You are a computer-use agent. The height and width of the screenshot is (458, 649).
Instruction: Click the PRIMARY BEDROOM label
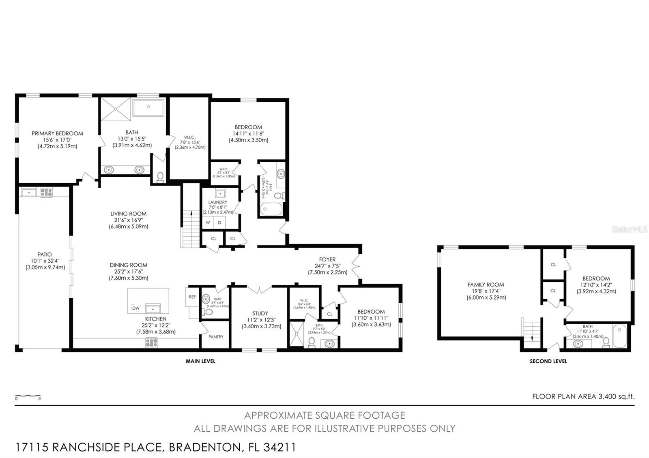pos(57,133)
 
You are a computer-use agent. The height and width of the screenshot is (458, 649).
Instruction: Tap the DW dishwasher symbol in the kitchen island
pos(136,309)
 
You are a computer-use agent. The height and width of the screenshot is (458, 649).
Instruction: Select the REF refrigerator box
pos(192,297)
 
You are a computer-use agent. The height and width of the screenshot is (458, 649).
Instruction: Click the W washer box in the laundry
pos(208,223)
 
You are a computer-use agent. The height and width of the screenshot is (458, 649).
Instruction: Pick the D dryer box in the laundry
pos(219,223)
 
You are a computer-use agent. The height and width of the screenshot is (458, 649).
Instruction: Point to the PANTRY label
pos(216,337)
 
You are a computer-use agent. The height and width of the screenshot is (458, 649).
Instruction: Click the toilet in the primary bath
pos(160,177)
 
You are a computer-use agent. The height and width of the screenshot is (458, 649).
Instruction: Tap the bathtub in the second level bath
pos(619,336)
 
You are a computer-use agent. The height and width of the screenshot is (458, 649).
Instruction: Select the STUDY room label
pos(260,313)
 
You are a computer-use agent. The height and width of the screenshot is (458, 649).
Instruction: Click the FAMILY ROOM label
pos(486,285)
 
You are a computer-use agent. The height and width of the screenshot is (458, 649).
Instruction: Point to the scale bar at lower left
pos(28,396)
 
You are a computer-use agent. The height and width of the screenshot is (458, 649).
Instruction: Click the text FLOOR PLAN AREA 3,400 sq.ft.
pos(583,396)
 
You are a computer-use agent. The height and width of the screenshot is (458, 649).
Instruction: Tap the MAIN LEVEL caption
pos(200,361)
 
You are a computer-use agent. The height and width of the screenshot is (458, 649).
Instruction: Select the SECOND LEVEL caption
pos(548,361)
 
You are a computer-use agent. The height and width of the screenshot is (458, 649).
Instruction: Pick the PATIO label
pos(45,255)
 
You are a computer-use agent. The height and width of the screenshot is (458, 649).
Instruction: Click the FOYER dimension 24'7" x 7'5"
pos(327,266)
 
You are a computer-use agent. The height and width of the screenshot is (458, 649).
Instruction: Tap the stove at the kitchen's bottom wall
pos(151,343)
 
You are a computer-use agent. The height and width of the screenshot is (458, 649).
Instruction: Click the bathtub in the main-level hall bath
pos(271,209)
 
